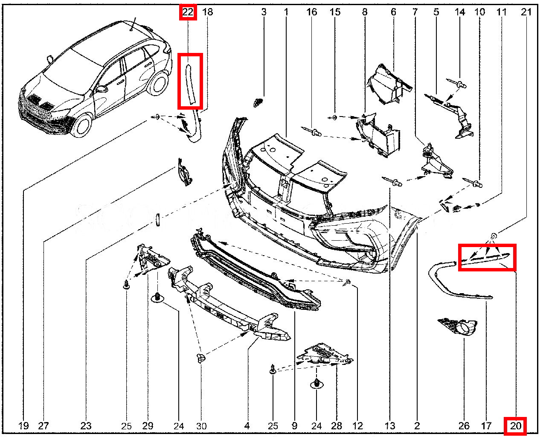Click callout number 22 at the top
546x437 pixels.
pos(188,12)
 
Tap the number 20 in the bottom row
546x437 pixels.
pos(515,426)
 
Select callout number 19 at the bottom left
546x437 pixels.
pos(23,426)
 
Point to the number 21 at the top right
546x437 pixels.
pos(526,12)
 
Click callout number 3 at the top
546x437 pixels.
pos(264,12)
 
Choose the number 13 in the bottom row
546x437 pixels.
pos(390,426)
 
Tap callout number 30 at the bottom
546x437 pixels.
pos(201,426)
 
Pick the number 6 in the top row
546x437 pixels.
pos(393,12)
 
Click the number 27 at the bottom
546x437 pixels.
pos(44,426)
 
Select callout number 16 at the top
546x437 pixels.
pos(311,12)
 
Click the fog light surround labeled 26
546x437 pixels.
pos(457,327)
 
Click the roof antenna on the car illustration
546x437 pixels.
pos(133,24)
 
